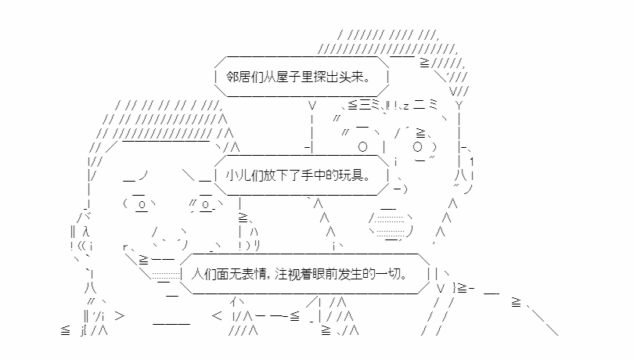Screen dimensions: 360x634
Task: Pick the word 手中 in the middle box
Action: click(x=316, y=177)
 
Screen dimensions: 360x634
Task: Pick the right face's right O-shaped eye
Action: click(x=418, y=146)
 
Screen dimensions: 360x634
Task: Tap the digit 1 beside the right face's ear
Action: click(x=472, y=160)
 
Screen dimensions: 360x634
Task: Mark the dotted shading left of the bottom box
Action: click(x=165, y=274)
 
